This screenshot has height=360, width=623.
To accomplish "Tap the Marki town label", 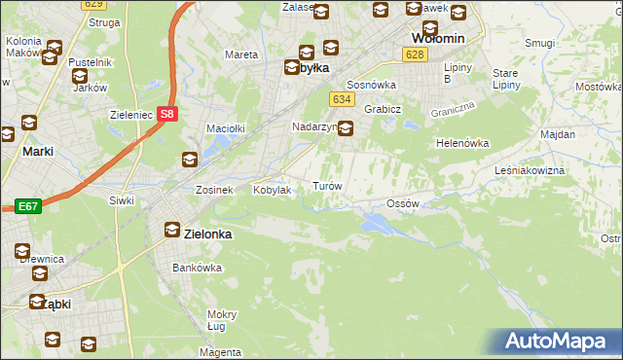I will [x=37, y=151].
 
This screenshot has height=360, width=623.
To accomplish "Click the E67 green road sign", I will [x=26, y=206].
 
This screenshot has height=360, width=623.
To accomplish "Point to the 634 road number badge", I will [x=341, y=99].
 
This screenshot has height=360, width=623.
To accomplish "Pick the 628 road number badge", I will [x=416, y=55].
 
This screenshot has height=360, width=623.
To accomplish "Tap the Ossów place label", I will [x=402, y=203].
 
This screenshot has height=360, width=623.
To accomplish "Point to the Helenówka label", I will [x=462, y=143].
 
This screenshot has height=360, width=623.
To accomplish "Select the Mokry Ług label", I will [x=222, y=320].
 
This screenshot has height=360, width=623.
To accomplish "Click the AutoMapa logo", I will [x=560, y=342].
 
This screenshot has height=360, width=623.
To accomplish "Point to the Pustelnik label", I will [x=80, y=62].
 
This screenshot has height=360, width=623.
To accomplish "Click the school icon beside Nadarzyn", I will [x=346, y=126].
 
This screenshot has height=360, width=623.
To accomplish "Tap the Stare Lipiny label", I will [x=506, y=79].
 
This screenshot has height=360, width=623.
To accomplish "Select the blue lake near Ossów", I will [x=375, y=224].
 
